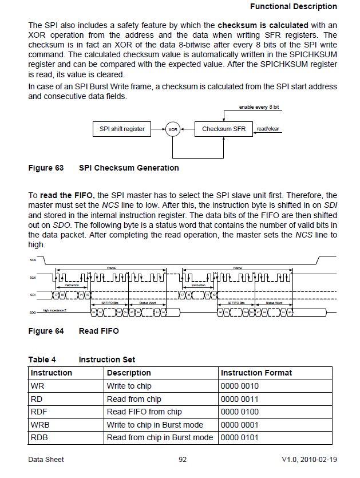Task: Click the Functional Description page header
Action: click(294, 6)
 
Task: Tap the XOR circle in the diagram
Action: click(172, 129)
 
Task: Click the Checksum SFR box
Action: click(223, 129)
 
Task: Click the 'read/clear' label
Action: click(268, 129)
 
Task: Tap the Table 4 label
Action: click(42, 360)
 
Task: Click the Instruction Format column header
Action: click(256, 373)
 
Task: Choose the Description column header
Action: click(129, 373)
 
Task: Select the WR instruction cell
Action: click(37, 386)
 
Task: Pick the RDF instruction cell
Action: click(38, 412)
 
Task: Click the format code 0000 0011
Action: click(239, 399)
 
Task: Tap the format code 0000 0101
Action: click(239, 438)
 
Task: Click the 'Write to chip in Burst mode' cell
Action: click(155, 425)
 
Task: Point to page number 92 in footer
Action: click(182, 459)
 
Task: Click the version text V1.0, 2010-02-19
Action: click(309, 459)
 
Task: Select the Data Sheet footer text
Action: click(46, 459)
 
